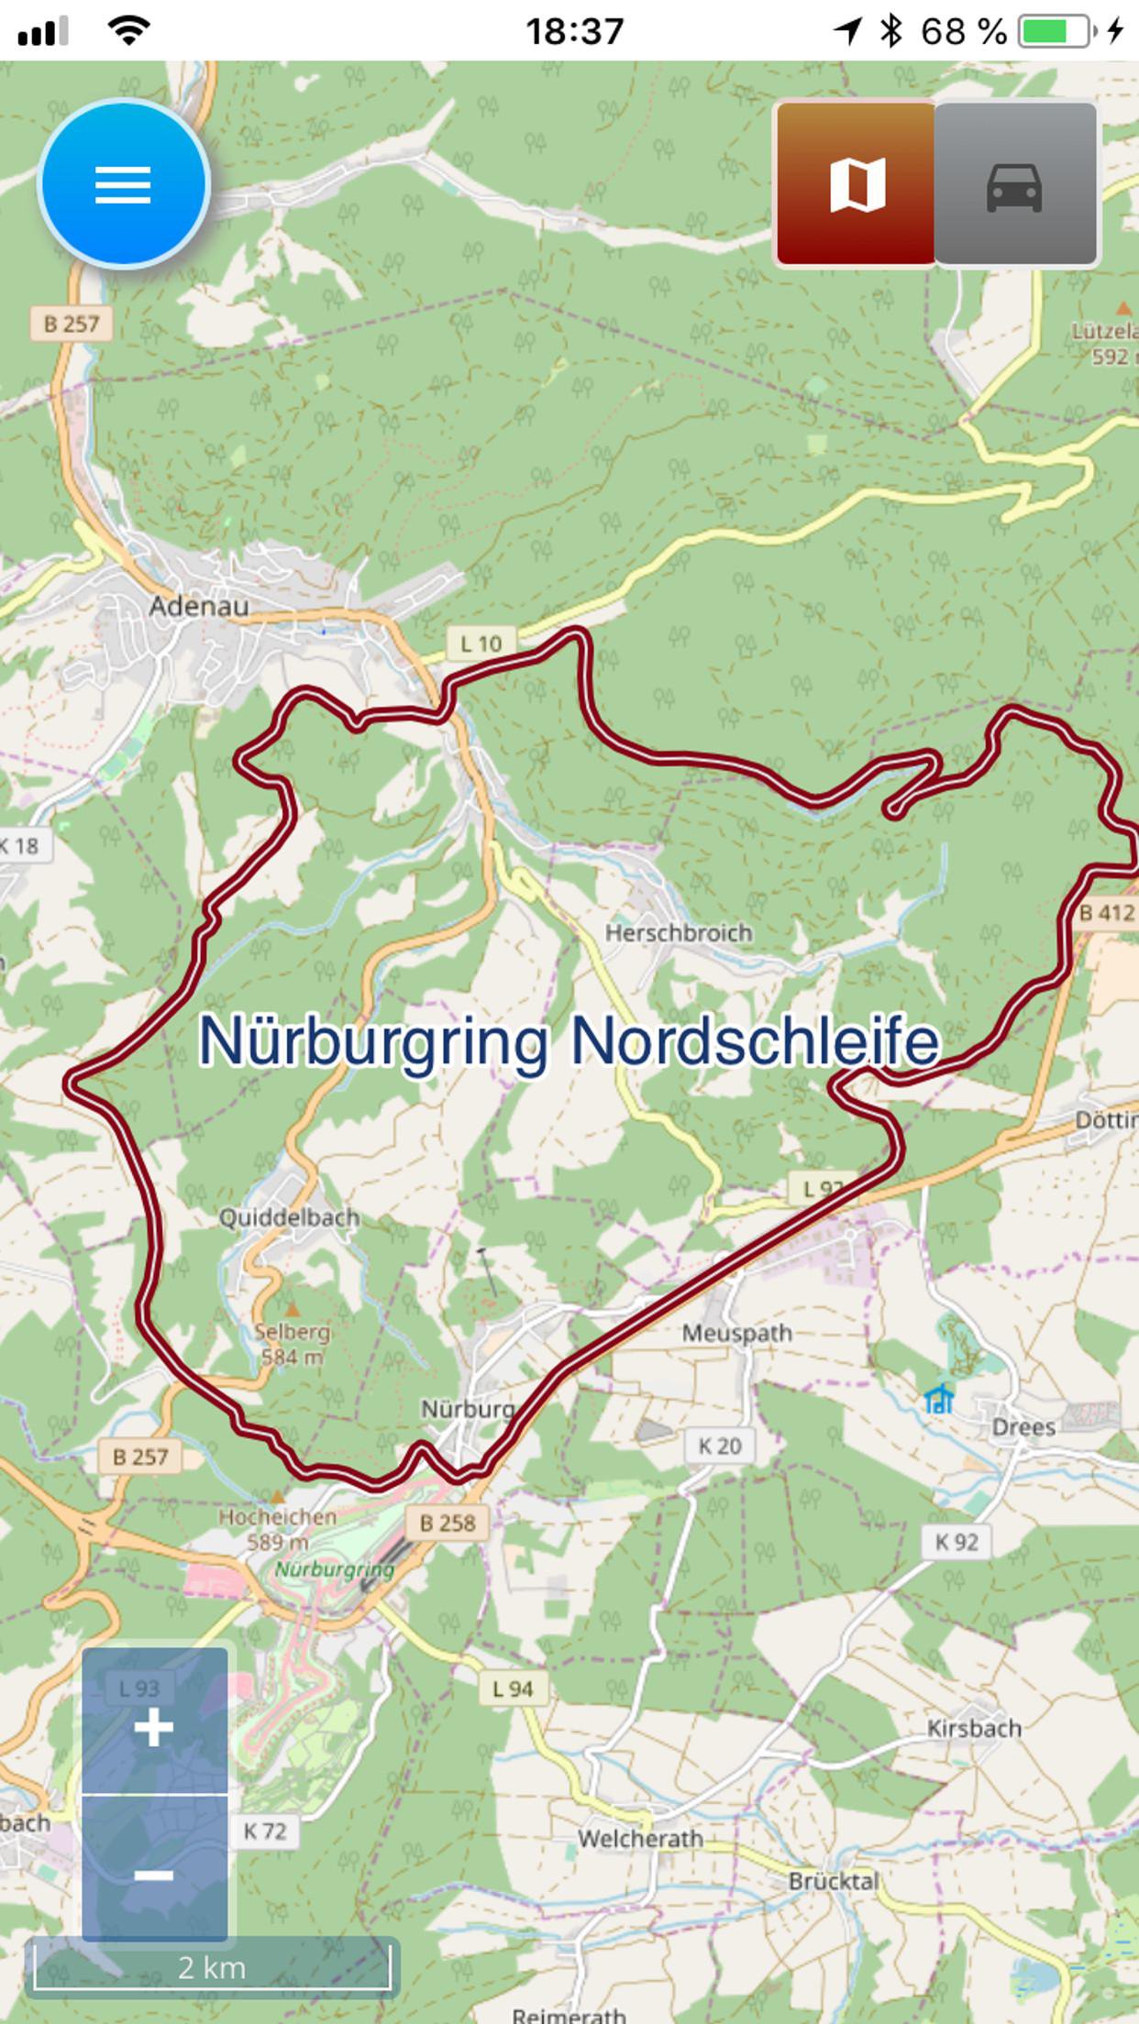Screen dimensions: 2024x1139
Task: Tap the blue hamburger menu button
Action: (123, 184)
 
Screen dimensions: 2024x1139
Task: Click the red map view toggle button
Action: (857, 184)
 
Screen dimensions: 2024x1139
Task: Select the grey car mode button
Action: (1014, 184)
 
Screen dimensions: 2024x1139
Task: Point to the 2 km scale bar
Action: (212, 1967)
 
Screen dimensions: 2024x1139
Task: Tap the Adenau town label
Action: (199, 606)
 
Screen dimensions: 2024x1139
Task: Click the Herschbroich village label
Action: (679, 933)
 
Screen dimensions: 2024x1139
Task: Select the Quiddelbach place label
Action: (289, 1217)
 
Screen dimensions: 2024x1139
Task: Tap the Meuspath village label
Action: (736, 1333)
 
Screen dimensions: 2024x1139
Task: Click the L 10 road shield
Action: (481, 643)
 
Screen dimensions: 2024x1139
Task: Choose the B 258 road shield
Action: (448, 1523)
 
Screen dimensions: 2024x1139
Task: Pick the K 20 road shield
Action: (719, 1446)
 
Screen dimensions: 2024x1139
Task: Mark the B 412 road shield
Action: (1107, 912)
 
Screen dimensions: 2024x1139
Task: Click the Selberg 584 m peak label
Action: (292, 1343)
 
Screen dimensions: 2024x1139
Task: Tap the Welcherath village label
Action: (640, 1839)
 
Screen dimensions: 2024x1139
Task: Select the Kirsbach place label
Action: (974, 1728)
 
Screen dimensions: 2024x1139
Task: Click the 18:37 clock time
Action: (574, 31)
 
